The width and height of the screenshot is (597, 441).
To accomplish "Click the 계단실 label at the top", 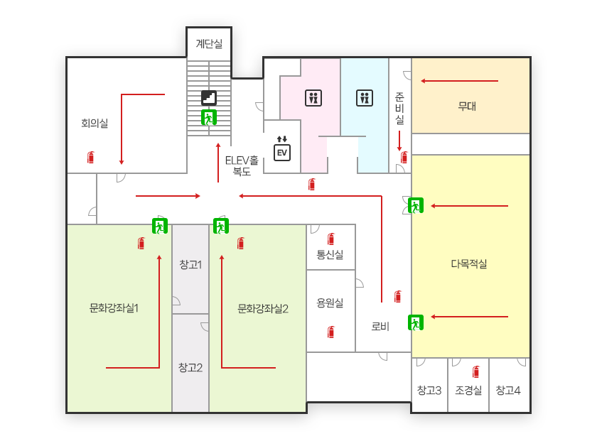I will point(209,44).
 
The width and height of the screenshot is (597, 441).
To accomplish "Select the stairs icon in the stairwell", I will point(209,97).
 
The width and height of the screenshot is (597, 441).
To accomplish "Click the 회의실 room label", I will point(95,124).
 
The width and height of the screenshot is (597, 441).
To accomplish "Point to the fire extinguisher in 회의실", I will point(90,157).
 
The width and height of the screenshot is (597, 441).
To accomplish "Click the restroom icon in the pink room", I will point(313,97).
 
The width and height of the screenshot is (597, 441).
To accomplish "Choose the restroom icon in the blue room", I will point(365,97).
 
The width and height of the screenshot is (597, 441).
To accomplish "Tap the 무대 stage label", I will point(467,107).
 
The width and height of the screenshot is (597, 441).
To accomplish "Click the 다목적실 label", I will point(469,263).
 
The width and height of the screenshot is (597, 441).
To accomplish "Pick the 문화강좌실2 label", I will point(263,308).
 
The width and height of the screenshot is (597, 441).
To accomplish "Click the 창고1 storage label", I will point(190,265).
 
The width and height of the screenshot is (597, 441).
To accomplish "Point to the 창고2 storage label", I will point(190,367).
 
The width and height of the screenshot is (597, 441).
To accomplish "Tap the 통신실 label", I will point(330,254).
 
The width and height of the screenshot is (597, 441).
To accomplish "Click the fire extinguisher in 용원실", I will point(330,332).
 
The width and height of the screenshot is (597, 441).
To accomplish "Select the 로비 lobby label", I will point(380,327).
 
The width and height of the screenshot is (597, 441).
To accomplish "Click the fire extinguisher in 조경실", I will point(475,371).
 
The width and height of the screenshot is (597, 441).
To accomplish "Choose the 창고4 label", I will point(508,390).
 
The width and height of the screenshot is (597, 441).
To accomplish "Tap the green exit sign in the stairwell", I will point(208,117).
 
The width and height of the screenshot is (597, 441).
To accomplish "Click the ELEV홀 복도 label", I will point(242,165).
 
